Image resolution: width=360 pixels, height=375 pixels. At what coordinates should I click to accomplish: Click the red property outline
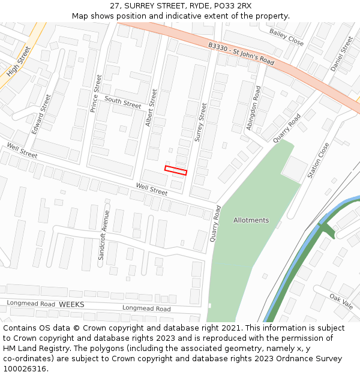[x=176, y=170]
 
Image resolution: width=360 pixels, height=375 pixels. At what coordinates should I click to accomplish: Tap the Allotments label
[x=251, y=220]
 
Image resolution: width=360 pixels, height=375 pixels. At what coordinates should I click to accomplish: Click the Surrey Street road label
[x=200, y=122]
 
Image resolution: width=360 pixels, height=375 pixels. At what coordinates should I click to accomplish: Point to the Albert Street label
[x=152, y=109]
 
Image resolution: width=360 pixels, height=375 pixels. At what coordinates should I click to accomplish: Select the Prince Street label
[x=96, y=94]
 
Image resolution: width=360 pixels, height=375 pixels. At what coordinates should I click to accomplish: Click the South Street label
[x=123, y=103]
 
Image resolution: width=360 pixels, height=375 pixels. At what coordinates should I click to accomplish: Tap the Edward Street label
[x=42, y=113]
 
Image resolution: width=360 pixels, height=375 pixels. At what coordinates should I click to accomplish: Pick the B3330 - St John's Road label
[x=241, y=54]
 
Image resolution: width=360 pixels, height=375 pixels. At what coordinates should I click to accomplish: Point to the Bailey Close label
[x=287, y=37]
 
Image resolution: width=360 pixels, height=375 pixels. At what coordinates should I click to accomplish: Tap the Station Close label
[x=319, y=160]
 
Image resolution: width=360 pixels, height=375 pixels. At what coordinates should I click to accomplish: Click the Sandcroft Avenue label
[x=104, y=235]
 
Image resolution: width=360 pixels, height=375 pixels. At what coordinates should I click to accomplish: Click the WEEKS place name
[x=71, y=305]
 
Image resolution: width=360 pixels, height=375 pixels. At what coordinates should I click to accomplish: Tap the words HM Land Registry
[x=32, y=349]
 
